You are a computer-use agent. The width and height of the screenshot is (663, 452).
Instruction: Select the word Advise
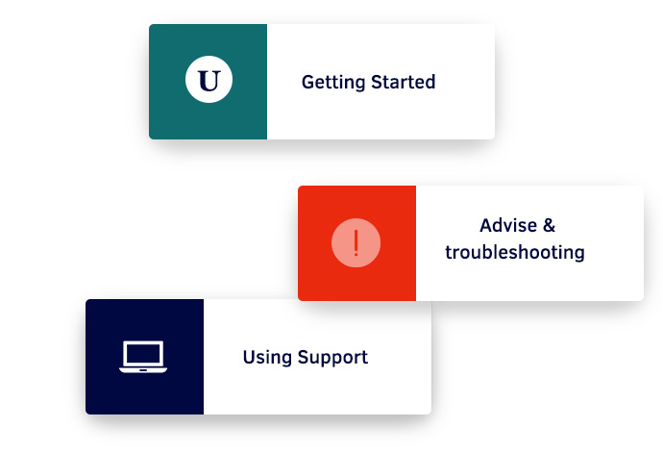(505, 226)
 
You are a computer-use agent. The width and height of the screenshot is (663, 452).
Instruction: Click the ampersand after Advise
(549, 226)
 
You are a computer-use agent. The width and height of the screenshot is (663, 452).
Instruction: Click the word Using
(265, 358)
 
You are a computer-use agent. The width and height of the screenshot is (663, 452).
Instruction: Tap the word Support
(331, 358)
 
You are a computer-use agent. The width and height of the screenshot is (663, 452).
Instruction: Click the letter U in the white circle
(209, 82)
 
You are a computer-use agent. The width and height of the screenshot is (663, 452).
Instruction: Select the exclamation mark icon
(356, 243)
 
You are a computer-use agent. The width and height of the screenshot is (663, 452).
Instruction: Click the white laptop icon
(143, 357)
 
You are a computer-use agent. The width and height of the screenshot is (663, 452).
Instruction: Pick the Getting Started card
(322, 82)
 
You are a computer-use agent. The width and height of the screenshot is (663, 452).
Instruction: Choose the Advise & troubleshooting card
(471, 243)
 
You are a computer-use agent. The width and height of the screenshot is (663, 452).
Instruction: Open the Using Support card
(258, 357)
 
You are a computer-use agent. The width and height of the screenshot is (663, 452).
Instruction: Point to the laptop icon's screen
(143, 353)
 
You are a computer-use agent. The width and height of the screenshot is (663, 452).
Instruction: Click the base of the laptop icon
(143, 368)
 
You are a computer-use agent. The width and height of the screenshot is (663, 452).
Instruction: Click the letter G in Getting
(307, 82)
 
